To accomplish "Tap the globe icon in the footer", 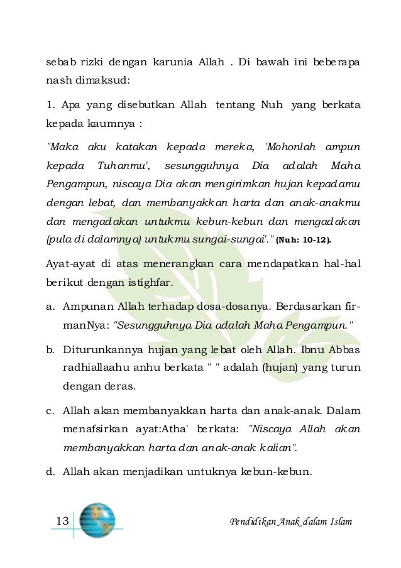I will [x=97, y=520].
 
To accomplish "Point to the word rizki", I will [x=84, y=63].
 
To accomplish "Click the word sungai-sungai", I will [x=240, y=239].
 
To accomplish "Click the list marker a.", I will [x=50, y=307].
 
